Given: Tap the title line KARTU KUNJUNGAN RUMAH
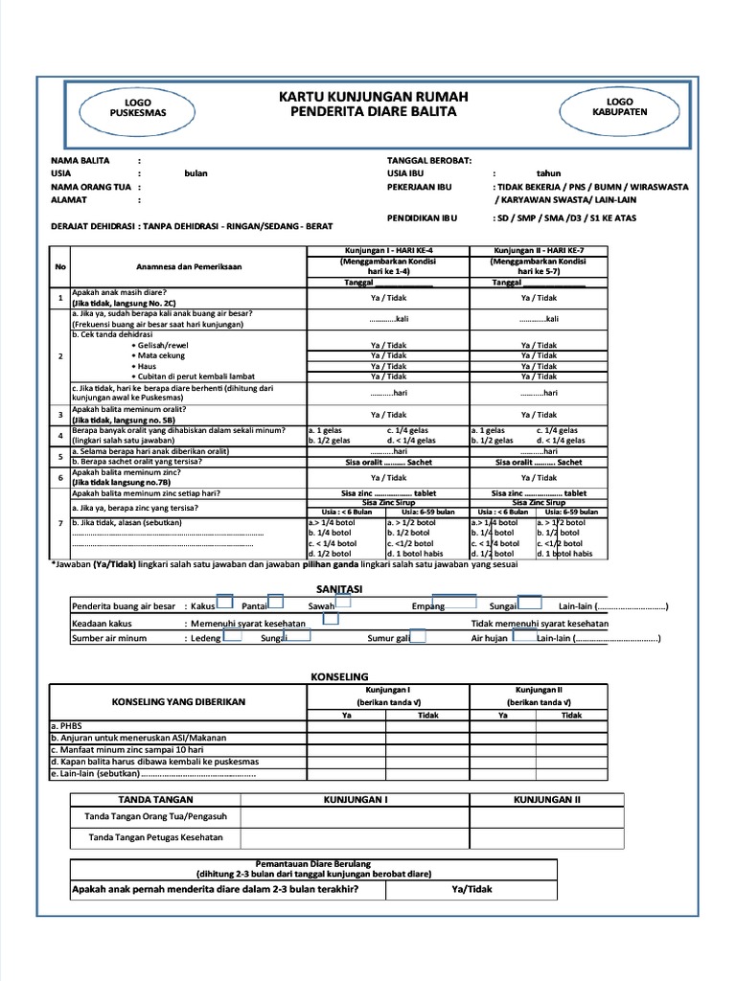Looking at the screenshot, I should pyautogui.click(x=373, y=97).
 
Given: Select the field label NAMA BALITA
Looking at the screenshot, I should pyautogui.click(x=80, y=160).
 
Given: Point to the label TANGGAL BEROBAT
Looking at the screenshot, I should pyautogui.click(x=428, y=160).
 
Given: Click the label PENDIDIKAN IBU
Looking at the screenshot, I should pyautogui.click(x=423, y=217).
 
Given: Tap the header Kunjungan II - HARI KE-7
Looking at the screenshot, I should pyautogui.click(x=538, y=250).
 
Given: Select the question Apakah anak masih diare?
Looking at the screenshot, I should pyautogui.click(x=120, y=291).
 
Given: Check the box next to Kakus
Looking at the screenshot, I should pyautogui.click(x=225, y=602).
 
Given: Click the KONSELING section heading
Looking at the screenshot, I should pyautogui.click(x=340, y=676).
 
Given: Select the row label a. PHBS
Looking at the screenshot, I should pyautogui.click(x=66, y=726).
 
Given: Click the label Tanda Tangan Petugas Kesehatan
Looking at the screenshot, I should pyautogui.click(x=155, y=837).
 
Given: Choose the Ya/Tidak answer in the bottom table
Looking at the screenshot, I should pyautogui.click(x=471, y=889).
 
